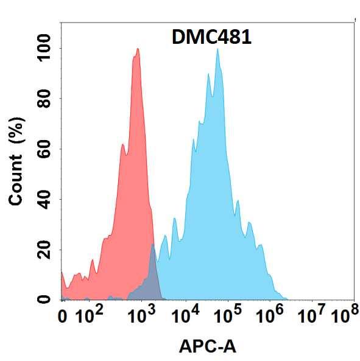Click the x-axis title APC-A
[x=207, y=346]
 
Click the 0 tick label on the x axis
[x=63, y=317]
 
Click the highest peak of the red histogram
[x=138, y=49]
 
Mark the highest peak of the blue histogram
[x=217, y=49]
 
